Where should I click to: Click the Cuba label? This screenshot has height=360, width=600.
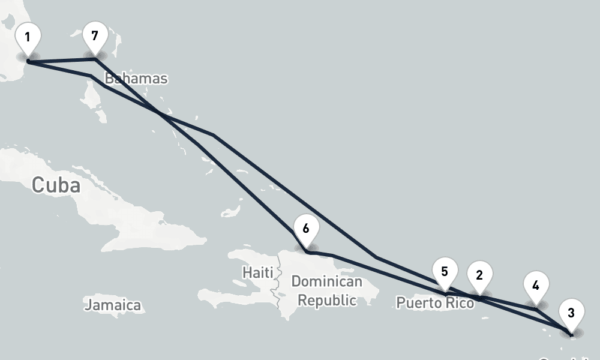coord(56,185)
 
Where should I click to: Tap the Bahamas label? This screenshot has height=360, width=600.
coord(136,79)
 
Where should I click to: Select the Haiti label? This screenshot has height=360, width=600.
coord(257,272)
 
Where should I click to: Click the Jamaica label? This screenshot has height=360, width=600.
coord(113,305)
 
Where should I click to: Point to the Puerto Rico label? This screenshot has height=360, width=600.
coord(435,303)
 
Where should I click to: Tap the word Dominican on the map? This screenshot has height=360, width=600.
coord(326,281)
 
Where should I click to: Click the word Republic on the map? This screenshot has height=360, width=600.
coord(327,300)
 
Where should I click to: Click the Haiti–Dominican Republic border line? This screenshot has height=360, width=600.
coord(277,288)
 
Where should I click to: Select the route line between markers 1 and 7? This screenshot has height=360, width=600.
coord(60,61)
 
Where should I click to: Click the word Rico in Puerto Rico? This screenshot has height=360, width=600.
coord(458,303)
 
